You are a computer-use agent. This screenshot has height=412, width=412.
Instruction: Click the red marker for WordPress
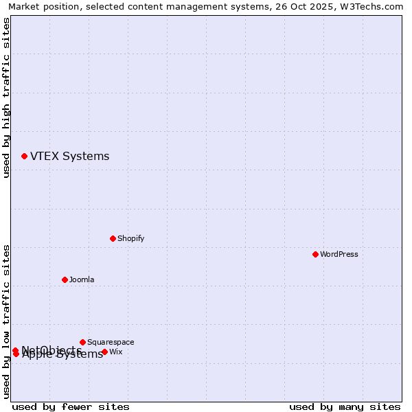(315, 254)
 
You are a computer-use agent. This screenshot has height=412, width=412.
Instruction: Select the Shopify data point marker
(113, 238)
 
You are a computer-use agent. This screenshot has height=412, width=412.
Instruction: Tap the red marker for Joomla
(65, 279)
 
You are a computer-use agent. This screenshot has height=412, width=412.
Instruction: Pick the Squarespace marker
(82, 342)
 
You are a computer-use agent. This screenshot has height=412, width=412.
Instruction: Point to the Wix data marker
(104, 352)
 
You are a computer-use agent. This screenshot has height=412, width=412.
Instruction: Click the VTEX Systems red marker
(24, 156)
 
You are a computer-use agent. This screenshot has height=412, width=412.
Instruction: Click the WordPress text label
(339, 254)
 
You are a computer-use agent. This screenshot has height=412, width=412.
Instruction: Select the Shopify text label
(130, 238)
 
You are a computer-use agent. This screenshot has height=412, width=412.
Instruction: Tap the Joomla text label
(82, 279)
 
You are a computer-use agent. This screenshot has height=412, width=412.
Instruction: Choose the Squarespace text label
(111, 342)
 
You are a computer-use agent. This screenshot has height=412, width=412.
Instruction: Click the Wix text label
(115, 352)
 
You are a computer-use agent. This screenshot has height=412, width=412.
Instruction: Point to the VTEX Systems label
(69, 156)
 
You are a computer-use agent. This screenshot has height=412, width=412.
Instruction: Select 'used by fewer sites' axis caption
(71, 407)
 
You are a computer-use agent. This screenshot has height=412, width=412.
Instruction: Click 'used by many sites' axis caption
(345, 407)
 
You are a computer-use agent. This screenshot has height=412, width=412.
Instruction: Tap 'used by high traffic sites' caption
(7, 98)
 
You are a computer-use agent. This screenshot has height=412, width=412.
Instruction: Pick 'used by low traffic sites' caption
(7, 321)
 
